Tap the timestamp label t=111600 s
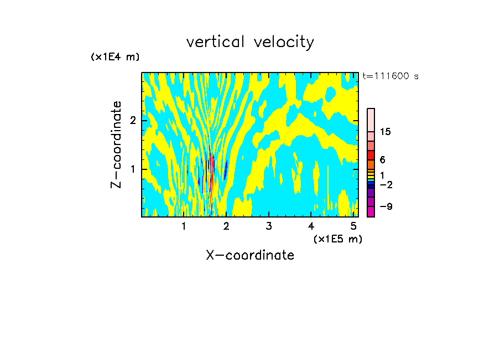(390, 76)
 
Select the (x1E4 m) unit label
(115, 57)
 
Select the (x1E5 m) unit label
(337, 239)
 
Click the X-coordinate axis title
(250, 255)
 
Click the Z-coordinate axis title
(116, 144)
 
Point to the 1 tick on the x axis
(184, 226)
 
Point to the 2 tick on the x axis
(226, 226)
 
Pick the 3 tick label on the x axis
(269, 226)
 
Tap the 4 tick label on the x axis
(311, 226)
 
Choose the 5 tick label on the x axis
(354, 226)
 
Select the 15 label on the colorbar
(386, 132)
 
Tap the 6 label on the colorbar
(382, 160)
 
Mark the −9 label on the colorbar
(385, 206)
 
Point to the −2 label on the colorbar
(385, 184)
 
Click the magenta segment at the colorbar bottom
(371, 211)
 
